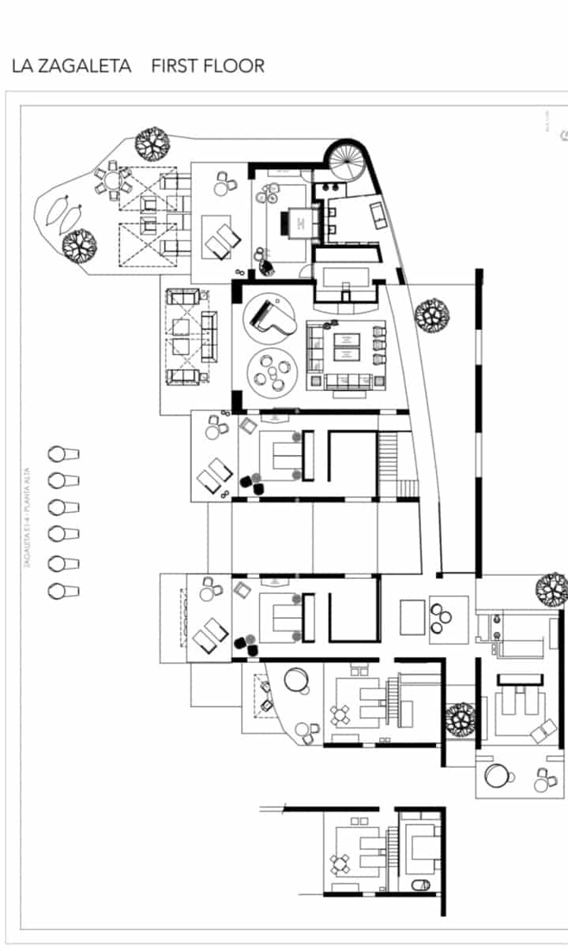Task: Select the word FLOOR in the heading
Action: (235, 66)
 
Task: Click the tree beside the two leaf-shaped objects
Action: (79, 245)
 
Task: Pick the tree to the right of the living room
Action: (432, 314)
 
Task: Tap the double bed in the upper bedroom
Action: (283, 456)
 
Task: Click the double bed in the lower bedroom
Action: (283, 617)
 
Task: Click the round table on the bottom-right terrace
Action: (498, 777)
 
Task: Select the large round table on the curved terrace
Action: (298, 679)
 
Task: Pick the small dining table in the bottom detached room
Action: (340, 863)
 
